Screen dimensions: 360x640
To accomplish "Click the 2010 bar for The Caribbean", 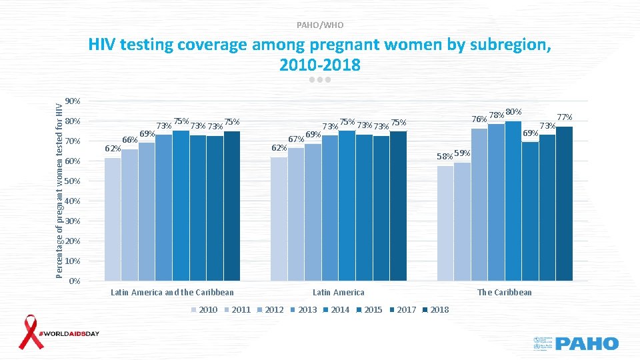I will point(445,223).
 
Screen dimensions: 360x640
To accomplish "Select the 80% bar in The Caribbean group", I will point(513,201).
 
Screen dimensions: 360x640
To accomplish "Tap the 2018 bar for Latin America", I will point(398,206).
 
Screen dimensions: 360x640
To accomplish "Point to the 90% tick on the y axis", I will point(74,101).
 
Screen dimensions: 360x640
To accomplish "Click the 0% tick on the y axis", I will point(75,281).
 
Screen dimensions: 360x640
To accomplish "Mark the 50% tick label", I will point(74,181).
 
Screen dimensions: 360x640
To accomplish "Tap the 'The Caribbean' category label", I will point(505,292).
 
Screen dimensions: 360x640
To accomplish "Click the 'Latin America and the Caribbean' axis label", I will point(172,292).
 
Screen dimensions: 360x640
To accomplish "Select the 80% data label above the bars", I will point(513,112).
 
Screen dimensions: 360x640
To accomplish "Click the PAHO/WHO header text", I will point(320,25).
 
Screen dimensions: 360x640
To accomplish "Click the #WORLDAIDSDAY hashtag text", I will point(70,333).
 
